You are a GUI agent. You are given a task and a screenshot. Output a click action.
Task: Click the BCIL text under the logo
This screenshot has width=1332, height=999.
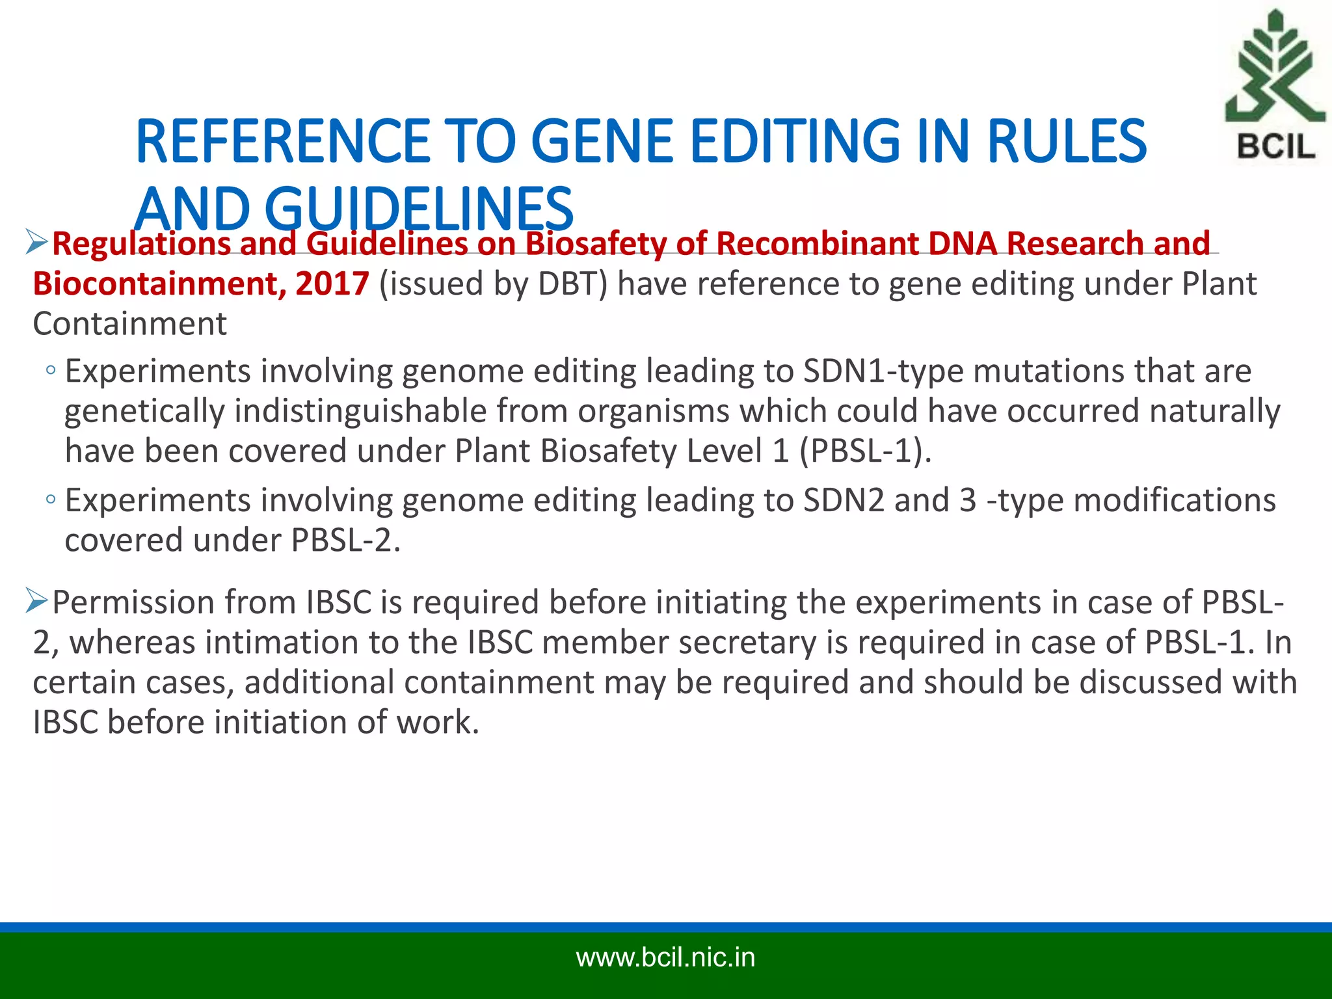point(1275,146)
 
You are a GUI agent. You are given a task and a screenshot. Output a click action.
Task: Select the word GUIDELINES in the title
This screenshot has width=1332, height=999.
point(419,209)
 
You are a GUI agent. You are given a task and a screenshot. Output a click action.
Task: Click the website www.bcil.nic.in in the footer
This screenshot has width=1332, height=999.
point(665,958)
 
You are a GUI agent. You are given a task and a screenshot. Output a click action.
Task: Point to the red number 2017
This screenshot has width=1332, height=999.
point(332,284)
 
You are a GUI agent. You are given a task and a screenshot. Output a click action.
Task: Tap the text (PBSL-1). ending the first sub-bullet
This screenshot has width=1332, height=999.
point(865,451)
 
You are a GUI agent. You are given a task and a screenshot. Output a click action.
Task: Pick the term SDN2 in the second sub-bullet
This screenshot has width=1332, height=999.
point(844,501)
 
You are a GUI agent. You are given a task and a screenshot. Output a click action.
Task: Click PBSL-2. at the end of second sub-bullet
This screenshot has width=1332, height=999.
point(345,540)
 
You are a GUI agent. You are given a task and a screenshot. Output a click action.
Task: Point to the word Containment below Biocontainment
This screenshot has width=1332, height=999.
point(129,324)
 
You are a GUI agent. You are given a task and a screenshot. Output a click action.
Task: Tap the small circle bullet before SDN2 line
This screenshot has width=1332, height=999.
point(51,499)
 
